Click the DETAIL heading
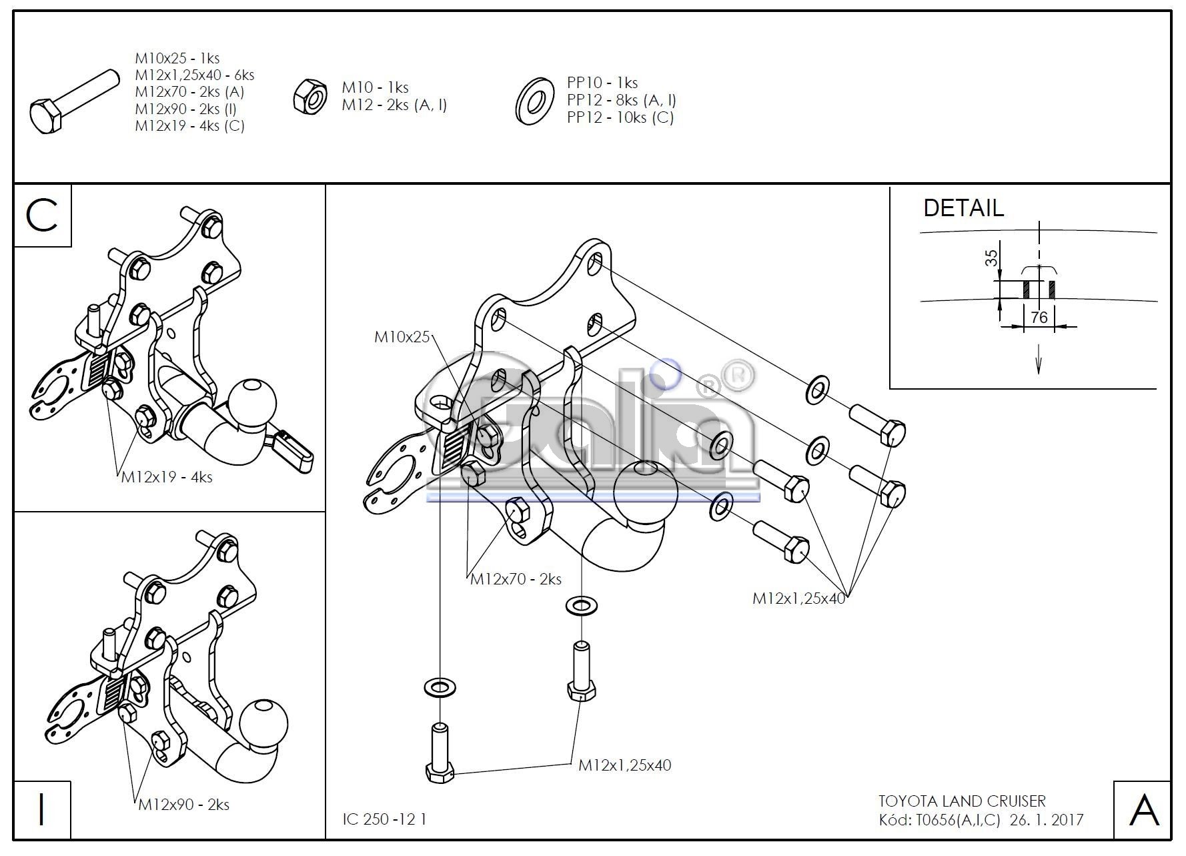tap(963, 208)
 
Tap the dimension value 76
tap(1039, 318)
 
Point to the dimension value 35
tap(992, 258)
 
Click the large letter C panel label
tap(42, 216)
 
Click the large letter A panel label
tap(1143, 810)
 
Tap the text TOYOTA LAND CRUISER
tap(962, 801)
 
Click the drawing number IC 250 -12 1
tap(384, 819)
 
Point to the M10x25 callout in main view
tap(402, 337)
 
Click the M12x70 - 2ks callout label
tap(516, 579)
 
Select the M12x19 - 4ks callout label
tap(167, 477)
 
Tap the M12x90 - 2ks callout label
tap(183, 805)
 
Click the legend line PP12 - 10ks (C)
tap(620, 117)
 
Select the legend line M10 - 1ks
tap(375, 87)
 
